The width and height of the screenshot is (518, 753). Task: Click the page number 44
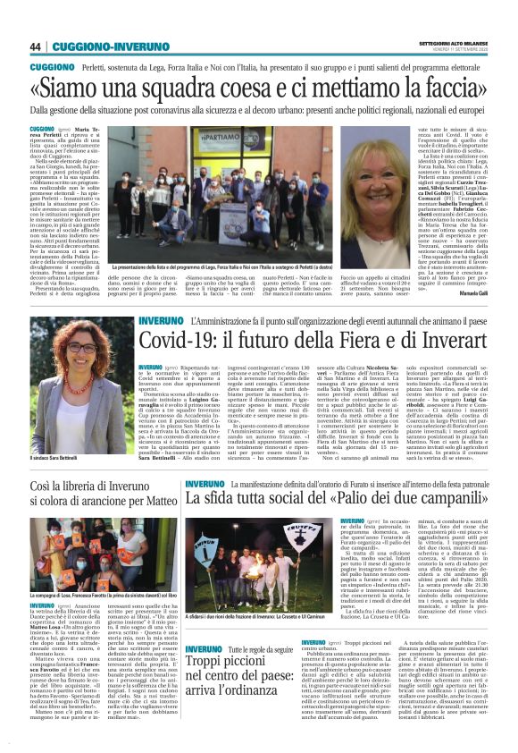36,47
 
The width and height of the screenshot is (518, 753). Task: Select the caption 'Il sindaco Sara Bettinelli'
56,458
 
